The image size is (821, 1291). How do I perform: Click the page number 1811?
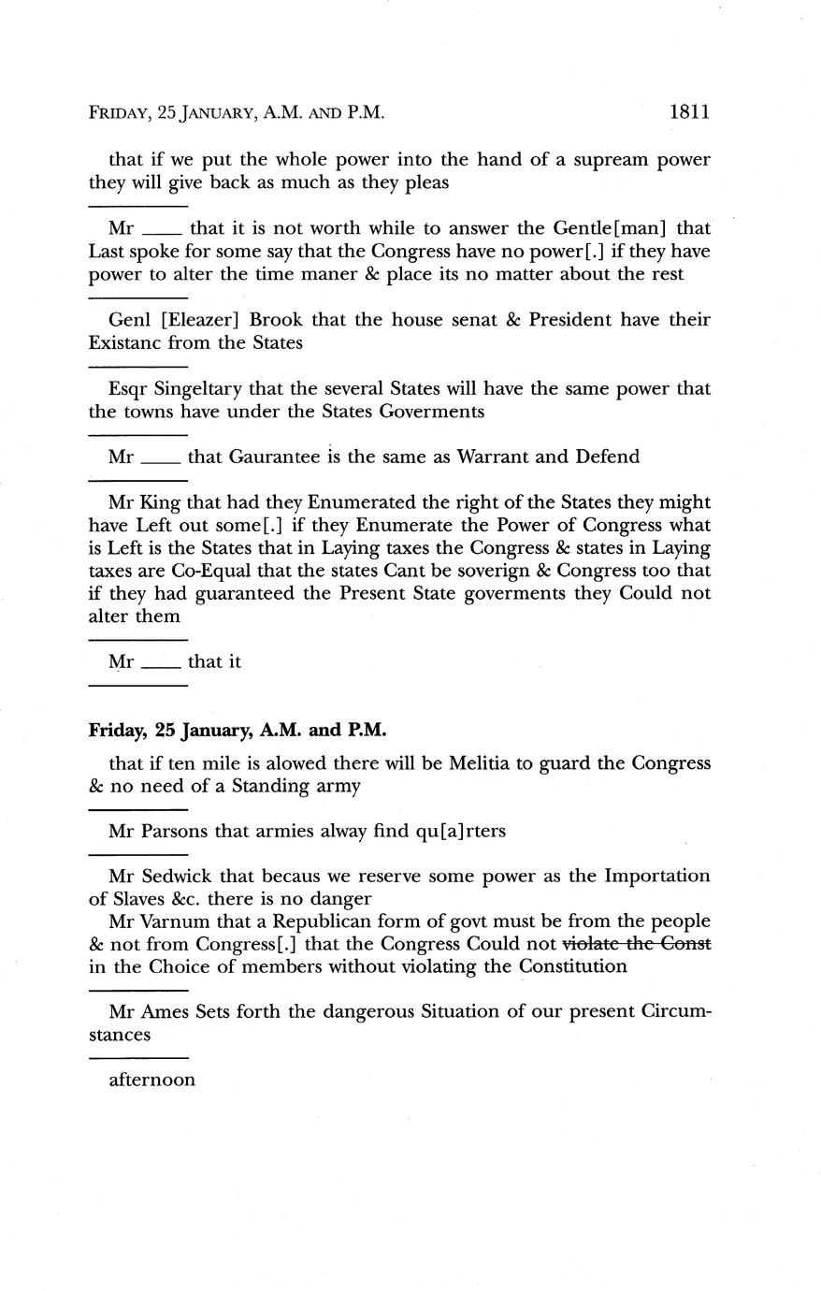pos(690,112)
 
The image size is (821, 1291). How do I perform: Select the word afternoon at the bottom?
pos(152,1081)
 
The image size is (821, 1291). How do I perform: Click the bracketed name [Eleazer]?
pos(203,320)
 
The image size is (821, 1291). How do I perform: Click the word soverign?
pos(536,571)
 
